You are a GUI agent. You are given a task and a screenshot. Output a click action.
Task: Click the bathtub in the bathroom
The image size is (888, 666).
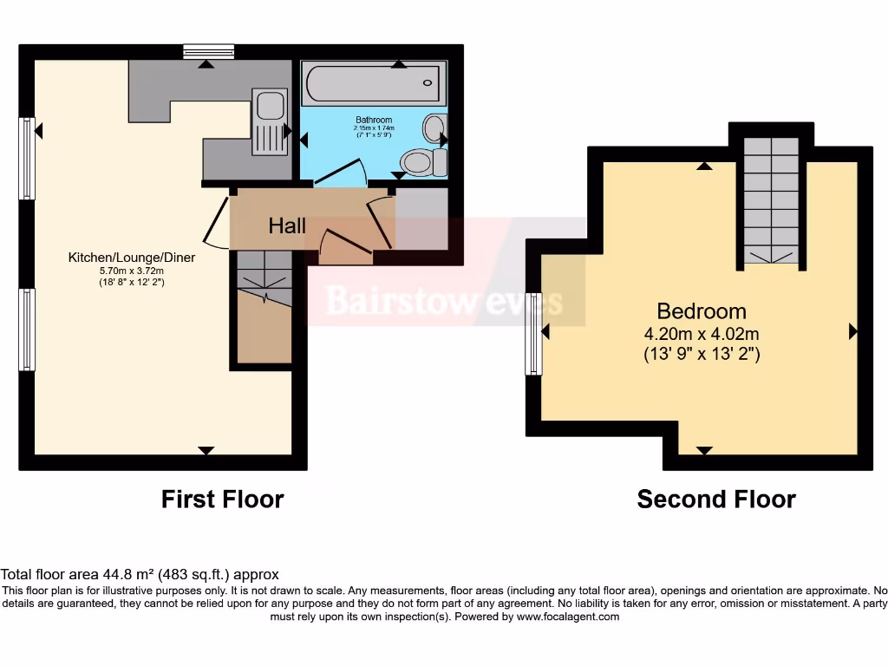coord(374,84)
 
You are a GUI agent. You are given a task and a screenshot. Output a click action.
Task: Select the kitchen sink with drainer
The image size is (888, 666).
coord(270,121)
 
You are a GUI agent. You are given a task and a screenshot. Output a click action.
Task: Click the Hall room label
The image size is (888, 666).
coord(287,226)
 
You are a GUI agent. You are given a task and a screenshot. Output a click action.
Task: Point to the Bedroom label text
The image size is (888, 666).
coord(701,311)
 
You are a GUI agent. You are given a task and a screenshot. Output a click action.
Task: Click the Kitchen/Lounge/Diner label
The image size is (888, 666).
coord(132,258)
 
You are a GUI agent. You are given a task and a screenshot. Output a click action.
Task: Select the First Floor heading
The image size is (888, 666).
coord(222,499)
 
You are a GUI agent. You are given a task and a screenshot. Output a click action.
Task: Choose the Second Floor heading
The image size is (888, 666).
coord(716,499)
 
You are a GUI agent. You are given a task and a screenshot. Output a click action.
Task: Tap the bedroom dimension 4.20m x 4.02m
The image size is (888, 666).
coord(701,334)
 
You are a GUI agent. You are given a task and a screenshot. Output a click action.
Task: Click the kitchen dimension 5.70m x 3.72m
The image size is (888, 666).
coord(132,271)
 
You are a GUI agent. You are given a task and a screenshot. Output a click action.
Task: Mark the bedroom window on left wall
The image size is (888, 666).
coord(533,334)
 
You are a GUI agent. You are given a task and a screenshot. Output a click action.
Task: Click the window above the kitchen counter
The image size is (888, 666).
coord(208,52)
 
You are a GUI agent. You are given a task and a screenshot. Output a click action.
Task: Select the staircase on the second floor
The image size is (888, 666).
coord(771,200)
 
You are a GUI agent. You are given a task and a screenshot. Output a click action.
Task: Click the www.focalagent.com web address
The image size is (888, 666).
coord(568,617)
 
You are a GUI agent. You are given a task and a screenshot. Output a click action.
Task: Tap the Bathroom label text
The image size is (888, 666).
coord(374,120)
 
